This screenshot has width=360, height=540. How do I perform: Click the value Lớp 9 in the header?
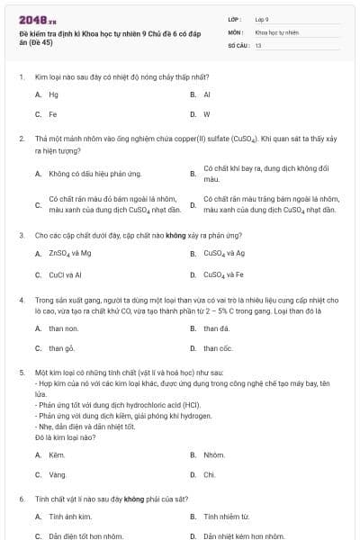point(262,19)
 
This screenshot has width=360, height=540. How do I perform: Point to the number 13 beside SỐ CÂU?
point(258,44)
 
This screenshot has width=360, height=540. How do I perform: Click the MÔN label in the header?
point(236,31)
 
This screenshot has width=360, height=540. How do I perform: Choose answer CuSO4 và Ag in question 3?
point(224,254)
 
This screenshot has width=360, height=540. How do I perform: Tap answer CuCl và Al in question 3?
point(66,274)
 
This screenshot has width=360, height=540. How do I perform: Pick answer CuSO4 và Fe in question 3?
point(224,274)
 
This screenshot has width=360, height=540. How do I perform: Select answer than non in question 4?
point(64,328)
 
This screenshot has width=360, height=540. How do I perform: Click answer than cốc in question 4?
point(218,348)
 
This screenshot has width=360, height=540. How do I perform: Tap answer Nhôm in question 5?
point(214,454)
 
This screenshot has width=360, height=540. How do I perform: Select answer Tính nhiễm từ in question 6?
point(225,517)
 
